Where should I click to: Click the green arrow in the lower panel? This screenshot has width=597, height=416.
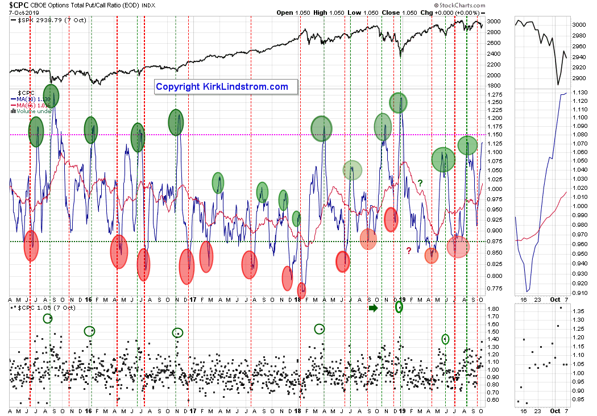(x=373, y=308)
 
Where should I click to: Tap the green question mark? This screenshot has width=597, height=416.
(x=420, y=182)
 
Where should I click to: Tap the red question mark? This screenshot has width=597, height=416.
(x=408, y=250)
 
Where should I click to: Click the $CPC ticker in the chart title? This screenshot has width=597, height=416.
(x=19, y=5)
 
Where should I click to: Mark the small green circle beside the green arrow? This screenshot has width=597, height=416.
(x=399, y=307)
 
